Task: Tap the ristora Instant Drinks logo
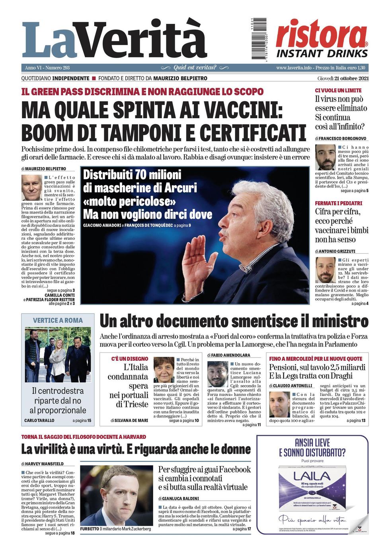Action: coord(322,39)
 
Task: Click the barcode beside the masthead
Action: coord(259,39)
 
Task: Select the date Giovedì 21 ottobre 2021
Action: coord(343,78)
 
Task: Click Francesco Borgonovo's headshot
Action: coord(326,157)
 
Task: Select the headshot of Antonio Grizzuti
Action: coord(326,270)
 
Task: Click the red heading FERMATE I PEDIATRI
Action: coord(338,203)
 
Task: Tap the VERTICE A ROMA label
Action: coord(58,320)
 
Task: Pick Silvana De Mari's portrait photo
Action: coord(164,370)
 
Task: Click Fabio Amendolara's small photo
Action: coord(218,374)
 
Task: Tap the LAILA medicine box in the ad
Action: coord(313,488)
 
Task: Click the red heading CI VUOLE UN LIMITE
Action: coord(338,90)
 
